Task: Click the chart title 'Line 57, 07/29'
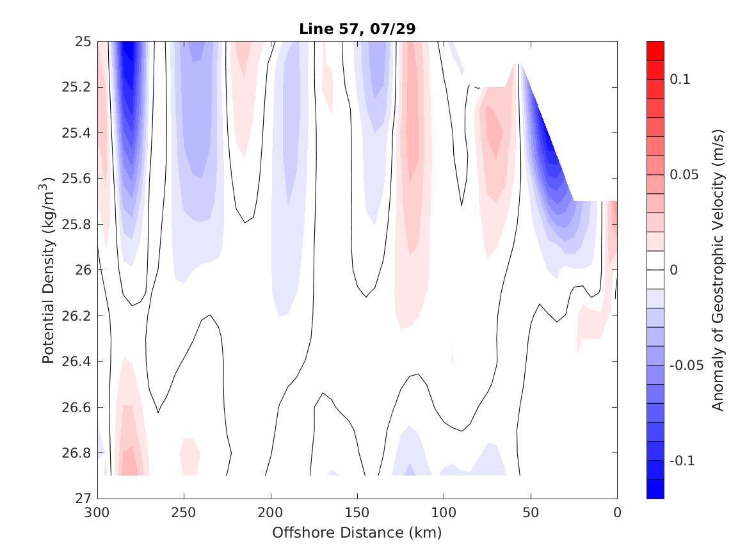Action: [x=357, y=29]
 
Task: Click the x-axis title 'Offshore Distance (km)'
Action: [x=357, y=532]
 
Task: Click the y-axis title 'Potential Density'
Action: [x=48, y=269]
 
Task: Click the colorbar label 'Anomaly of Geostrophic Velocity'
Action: [x=718, y=269]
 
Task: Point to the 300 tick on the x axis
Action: [x=97, y=512]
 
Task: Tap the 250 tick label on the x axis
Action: [x=184, y=512]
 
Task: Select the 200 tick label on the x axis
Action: [x=271, y=512]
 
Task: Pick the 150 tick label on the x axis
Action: [x=357, y=512]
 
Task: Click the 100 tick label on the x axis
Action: [x=444, y=512]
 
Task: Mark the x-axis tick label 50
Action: [x=531, y=512]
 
